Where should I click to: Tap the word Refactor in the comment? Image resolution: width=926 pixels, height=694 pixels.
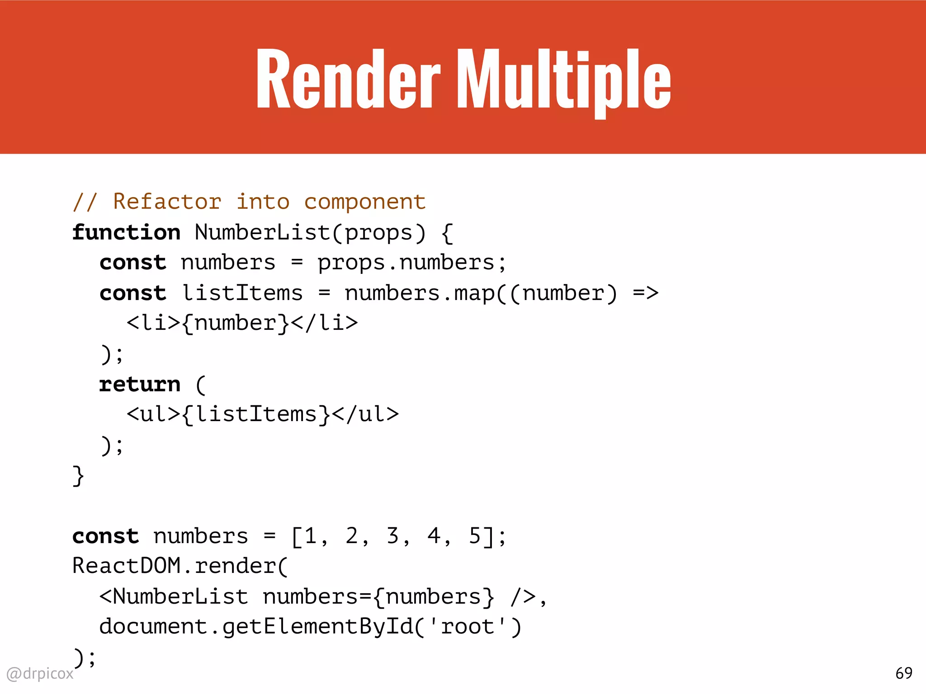point(167,202)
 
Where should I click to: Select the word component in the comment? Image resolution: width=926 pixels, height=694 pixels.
point(364,202)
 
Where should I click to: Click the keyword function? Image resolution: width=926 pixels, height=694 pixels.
point(126,233)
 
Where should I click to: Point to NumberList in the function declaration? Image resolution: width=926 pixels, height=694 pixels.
point(262,233)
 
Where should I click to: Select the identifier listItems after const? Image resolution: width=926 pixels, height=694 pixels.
point(242,293)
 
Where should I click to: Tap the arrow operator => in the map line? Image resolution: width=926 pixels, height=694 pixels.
point(645,293)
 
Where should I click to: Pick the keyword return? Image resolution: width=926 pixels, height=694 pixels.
point(140,385)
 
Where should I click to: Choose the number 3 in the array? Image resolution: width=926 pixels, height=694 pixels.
point(392,536)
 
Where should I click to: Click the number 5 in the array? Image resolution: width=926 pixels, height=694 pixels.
point(475,536)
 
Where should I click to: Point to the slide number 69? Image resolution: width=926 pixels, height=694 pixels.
point(903,674)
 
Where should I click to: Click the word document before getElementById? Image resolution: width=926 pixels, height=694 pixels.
point(153,627)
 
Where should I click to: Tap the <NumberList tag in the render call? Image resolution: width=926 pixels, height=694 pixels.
point(174,596)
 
